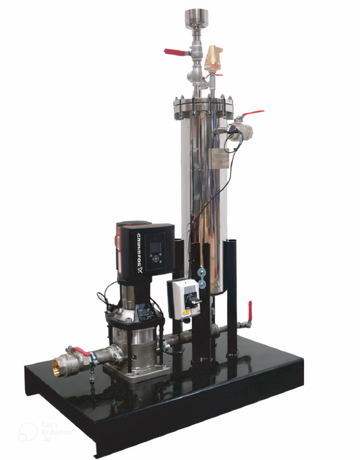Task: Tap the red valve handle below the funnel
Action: point(175,52)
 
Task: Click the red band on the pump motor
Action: point(120,248)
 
